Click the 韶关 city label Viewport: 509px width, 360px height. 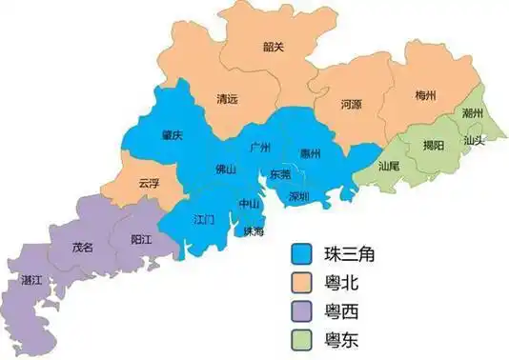[275, 46]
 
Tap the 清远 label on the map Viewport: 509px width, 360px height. [228, 99]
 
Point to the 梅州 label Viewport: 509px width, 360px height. [426, 96]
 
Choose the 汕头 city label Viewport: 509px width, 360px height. [474, 140]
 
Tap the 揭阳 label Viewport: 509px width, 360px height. [433, 146]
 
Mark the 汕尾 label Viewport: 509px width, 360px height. [388, 165]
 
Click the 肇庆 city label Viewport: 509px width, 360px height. [172, 135]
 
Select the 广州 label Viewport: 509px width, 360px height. [259, 148]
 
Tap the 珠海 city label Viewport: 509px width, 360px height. [254, 231]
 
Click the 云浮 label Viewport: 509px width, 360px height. [149, 183]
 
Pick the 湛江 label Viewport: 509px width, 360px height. [31, 280]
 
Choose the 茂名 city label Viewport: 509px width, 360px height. [83, 247]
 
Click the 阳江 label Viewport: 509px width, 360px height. [140, 240]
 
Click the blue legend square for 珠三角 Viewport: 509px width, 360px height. [302, 254]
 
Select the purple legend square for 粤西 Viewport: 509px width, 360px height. [302, 312]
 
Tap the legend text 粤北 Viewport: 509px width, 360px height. [346, 283]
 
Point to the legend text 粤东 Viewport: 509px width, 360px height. [346, 341]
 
